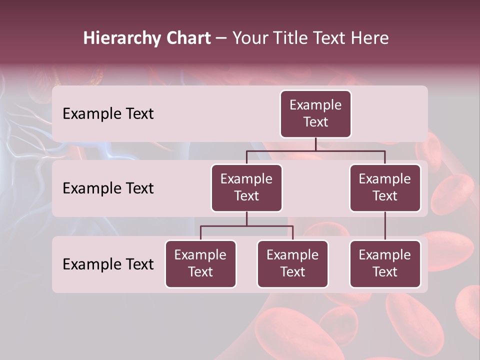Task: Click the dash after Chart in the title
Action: pos(221,38)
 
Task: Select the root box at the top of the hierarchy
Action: pos(315,114)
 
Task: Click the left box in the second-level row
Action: pos(246,188)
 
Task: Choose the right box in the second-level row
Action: pos(385,188)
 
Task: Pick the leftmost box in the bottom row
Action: pos(200,264)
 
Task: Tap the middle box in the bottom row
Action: pos(292,264)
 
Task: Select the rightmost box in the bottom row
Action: pos(385,264)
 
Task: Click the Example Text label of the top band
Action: pos(108,114)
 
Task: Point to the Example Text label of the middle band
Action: pos(108,188)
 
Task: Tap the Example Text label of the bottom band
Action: pos(108,264)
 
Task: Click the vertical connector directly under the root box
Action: pos(315,144)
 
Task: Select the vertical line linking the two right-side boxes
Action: pos(385,226)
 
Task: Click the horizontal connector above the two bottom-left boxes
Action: pos(246,226)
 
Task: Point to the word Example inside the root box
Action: pos(315,105)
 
